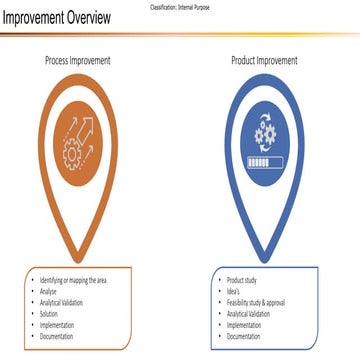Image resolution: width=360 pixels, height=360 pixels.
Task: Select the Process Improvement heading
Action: (x=77, y=61)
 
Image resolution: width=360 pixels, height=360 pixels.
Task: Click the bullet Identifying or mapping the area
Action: (x=75, y=279)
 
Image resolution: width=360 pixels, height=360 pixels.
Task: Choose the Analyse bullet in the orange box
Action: (x=51, y=291)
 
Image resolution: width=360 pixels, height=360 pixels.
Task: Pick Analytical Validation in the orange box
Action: (x=63, y=302)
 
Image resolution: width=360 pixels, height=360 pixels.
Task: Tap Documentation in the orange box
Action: (x=58, y=337)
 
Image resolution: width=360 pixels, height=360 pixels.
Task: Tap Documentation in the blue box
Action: (x=246, y=337)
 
